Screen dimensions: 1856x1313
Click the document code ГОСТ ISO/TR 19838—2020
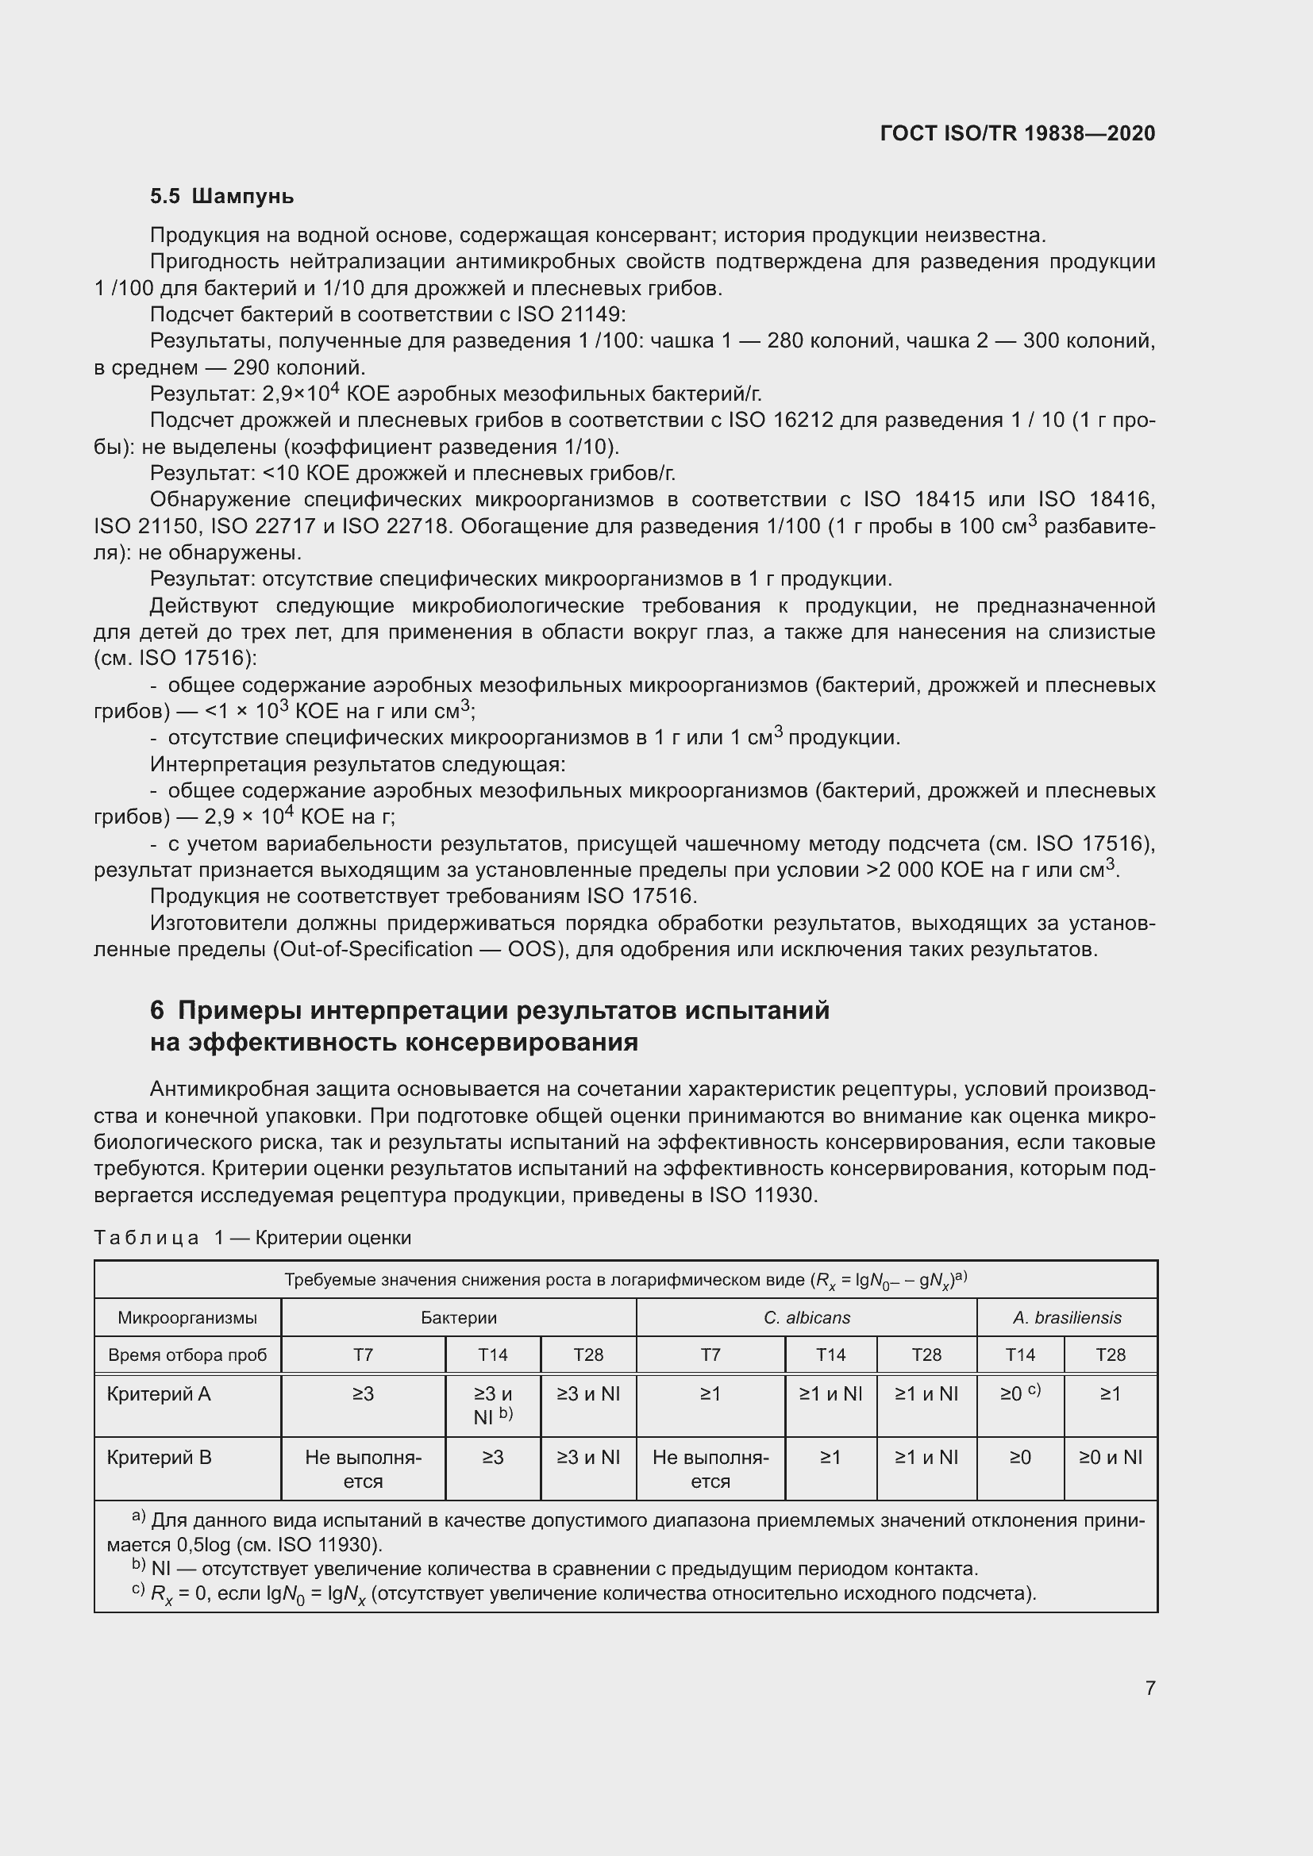click(1017, 133)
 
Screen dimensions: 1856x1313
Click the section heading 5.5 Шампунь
click(221, 197)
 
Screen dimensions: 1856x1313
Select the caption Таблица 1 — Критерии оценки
click(252, 1238)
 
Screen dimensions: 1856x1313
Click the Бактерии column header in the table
click(458, 1318)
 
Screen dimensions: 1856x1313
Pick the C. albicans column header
click(806, 1318)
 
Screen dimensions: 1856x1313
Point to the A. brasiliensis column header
click(1066, 1318)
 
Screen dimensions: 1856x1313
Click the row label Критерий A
click(159, 1393)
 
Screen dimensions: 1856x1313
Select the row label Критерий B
click(159, 1458)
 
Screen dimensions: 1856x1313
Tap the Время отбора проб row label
click(187, 1355)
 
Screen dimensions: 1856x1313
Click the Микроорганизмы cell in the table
click(187, 1318)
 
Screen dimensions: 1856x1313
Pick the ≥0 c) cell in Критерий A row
click(1019, 1393)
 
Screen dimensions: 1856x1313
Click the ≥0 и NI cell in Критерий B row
click(1110, 1458)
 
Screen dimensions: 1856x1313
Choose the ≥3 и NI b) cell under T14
click(492, 1405)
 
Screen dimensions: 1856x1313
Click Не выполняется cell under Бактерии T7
click(363, 1469)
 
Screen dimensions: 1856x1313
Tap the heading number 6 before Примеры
click(157, 1010)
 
